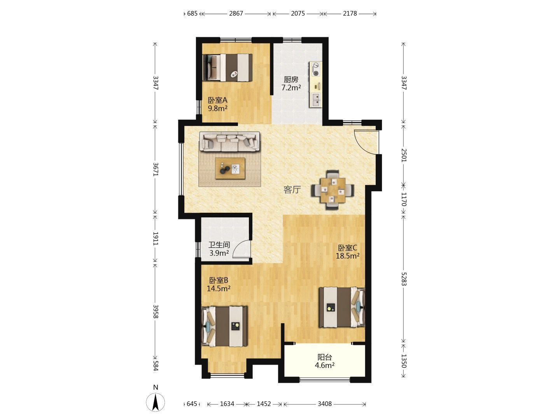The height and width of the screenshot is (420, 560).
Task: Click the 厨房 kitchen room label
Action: [290, 80]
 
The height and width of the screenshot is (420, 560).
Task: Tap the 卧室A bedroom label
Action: [217, 100]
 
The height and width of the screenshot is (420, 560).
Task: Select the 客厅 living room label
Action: [292, 190]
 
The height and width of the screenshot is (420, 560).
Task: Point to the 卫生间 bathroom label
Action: [219, 245]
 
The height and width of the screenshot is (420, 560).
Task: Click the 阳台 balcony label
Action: [324, 357]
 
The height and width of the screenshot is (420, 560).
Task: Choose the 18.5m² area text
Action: [348, 256]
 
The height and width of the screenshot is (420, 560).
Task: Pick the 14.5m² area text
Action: [219, 289]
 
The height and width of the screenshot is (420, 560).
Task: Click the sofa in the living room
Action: [229, 142]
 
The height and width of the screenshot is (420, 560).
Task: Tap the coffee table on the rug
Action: [230, 168]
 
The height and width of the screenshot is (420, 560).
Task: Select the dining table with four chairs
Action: [332, 190]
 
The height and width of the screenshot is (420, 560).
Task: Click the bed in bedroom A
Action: [227, 68]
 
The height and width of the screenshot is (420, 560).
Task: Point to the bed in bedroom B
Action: [224, 326]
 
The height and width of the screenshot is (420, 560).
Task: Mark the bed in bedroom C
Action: [342, 307]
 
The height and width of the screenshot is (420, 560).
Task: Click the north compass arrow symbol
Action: [156, 402]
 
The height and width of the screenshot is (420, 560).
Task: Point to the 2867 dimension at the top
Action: [236, 13]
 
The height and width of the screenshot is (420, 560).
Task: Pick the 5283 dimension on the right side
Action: [404, 279]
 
